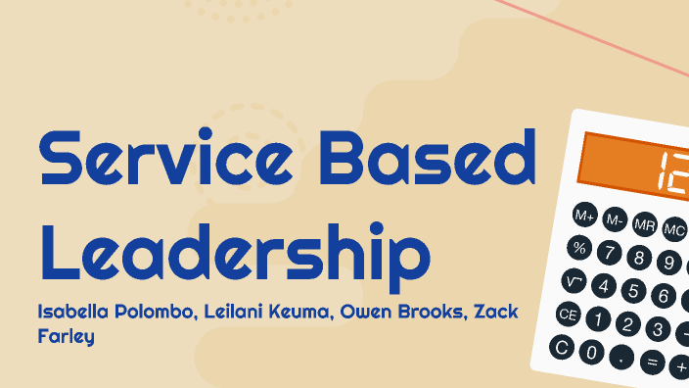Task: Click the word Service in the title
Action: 169,160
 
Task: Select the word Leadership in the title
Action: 235,247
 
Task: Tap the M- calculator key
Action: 615,219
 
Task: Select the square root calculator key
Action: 574,281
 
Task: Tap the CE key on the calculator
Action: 568,315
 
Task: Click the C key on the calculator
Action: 561,346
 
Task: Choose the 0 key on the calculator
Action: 590,352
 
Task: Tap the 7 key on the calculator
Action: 610,254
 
